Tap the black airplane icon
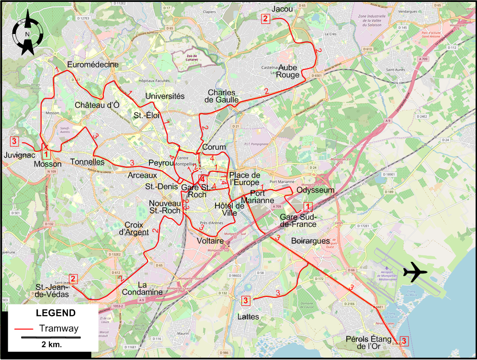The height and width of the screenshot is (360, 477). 414,272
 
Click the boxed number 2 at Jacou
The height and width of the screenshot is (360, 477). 265,19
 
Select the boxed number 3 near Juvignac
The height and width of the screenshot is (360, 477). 14,141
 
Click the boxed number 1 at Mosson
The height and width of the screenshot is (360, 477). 46,154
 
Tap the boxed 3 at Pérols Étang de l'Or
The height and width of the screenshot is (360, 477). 404,341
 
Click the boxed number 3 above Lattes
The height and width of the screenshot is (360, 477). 245,301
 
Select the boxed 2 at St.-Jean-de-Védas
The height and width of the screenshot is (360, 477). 73,279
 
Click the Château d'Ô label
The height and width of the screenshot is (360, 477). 97,105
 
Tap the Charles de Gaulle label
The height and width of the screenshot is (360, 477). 221,96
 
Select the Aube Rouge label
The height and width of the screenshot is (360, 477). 288,71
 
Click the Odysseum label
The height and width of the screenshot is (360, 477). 315,190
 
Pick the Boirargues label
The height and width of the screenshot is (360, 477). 310,241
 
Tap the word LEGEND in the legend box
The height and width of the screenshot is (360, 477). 56,313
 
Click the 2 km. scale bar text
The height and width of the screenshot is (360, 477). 50,345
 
